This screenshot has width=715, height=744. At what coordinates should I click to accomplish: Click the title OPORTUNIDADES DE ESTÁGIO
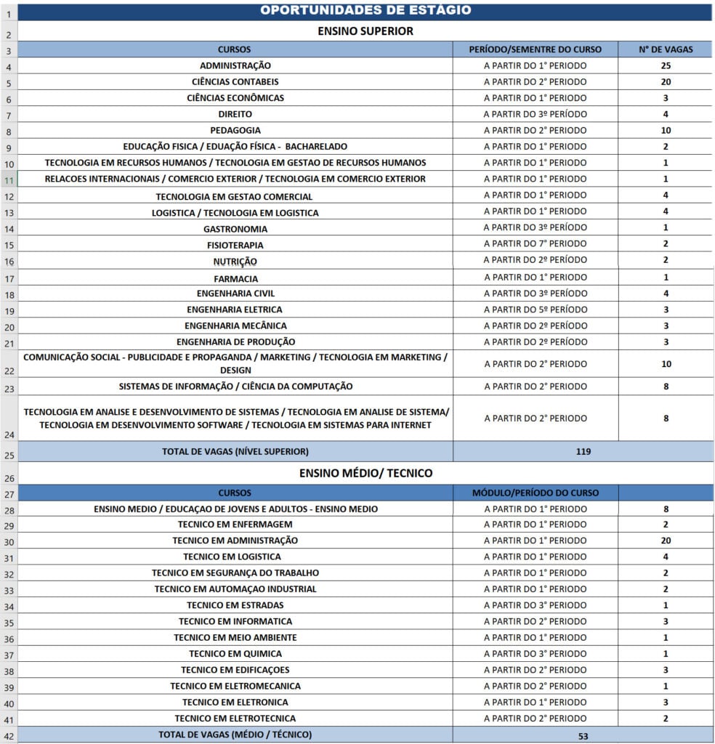coord(365,10)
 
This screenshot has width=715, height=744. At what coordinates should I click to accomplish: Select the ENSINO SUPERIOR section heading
coord(365,31)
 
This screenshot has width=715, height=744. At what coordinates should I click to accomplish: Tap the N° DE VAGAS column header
coord(665,49)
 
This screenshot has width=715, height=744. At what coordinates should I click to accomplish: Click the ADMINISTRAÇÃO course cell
coord(235,65)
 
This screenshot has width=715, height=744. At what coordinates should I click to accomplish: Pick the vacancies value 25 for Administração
coord(665,65)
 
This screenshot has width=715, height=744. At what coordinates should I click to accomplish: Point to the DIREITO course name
coord(235,114)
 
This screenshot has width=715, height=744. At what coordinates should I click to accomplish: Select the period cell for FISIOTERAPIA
coord(535,244)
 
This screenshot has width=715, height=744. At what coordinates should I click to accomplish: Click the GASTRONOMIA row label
coord(235,229)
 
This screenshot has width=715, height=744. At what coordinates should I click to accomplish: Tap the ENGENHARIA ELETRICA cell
coord(235,310)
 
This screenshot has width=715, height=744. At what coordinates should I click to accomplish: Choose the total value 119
coord(583,451)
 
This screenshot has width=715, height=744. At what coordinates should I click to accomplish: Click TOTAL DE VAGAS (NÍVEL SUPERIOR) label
coord(235,451)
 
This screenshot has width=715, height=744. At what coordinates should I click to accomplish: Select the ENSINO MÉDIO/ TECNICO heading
coord(365,473)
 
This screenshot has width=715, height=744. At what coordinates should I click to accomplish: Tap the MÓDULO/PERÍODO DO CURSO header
coord(535,493)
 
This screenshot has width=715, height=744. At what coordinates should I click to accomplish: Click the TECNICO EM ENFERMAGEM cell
coord(235,525)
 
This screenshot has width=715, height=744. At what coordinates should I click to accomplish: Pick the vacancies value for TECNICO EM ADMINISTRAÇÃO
coord(665,541)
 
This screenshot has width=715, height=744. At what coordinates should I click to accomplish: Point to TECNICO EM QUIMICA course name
coord(235,654)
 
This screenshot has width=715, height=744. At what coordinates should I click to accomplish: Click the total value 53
coord(583,735)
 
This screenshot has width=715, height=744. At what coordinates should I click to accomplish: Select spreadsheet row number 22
coord(9,371)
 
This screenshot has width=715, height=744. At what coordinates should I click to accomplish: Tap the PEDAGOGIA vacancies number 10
coord(665,131)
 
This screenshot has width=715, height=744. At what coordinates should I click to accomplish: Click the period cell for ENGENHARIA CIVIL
coord(535,294)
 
